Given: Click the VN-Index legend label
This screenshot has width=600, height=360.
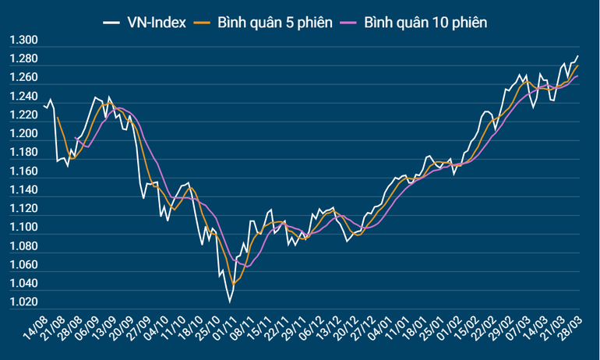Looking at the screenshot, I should tap(155, 23).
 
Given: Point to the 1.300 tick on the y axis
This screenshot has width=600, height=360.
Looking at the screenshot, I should tap(23, 41).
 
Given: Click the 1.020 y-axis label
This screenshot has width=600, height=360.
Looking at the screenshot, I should tap(23, 302).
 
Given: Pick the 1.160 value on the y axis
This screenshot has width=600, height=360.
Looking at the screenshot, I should tap(23, 171).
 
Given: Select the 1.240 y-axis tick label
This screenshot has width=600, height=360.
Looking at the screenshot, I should tap(23, 97).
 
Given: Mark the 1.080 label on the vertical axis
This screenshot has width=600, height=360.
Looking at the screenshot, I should tap(23, 246).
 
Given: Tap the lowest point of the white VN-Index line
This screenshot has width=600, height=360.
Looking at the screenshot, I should tap(230, 302).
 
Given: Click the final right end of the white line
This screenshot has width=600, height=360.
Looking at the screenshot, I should tap(578, 56).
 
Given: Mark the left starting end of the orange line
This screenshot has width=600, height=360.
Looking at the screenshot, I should tap(57, 117).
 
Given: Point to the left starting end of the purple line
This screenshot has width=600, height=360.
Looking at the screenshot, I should tap(75, 138).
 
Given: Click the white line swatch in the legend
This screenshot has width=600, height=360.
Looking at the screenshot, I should tap(111, 23).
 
